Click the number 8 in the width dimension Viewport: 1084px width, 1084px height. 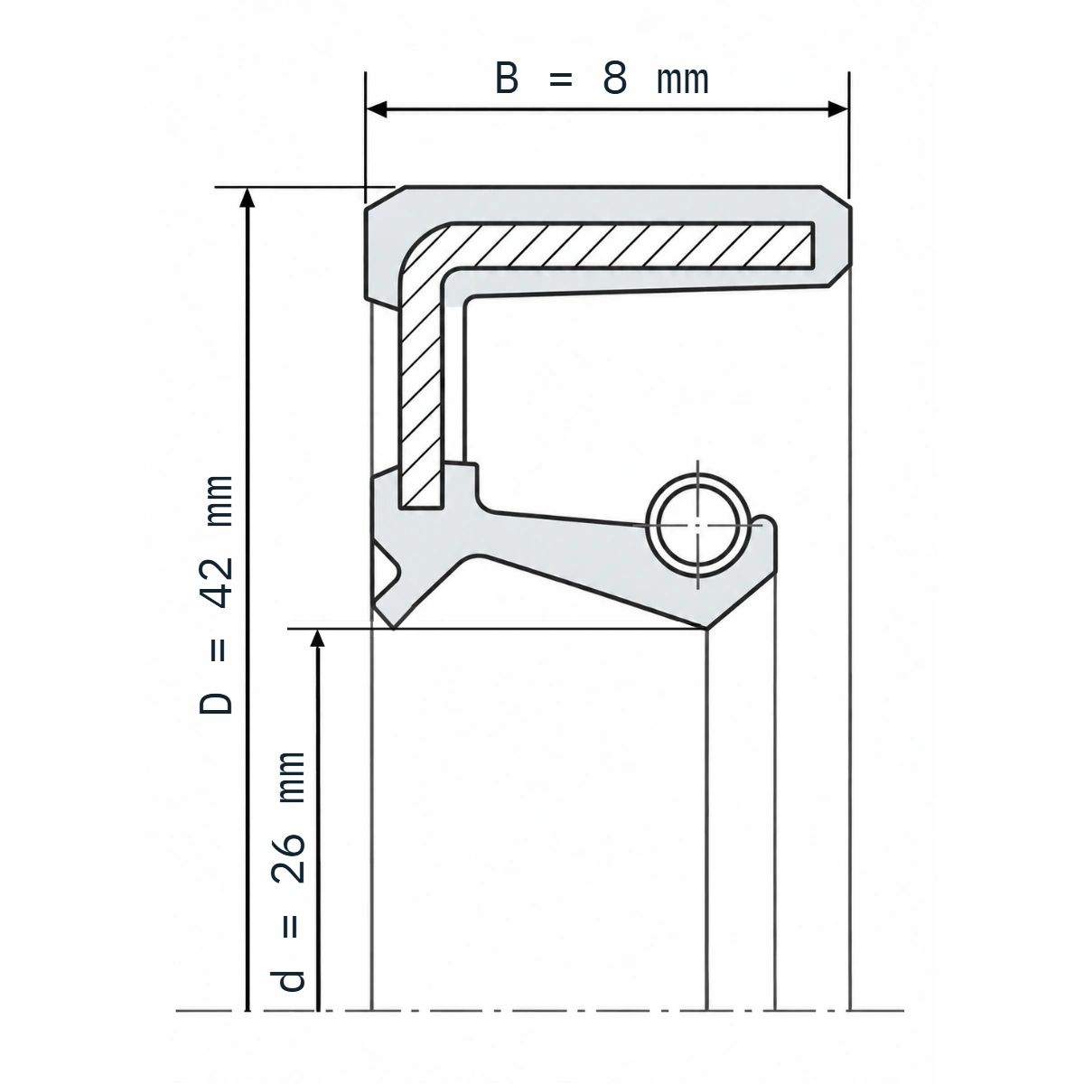tap(614, 79)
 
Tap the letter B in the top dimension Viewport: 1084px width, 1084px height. tap(506, 79)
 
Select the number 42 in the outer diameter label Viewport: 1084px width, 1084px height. tap(217, 583)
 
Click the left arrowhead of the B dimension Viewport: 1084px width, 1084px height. tap(377, 109)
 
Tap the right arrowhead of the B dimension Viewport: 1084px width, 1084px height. tap(838, 109)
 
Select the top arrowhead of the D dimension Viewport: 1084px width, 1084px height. tap(247, 198)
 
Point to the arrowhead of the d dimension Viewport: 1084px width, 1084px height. tap(318, 639)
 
